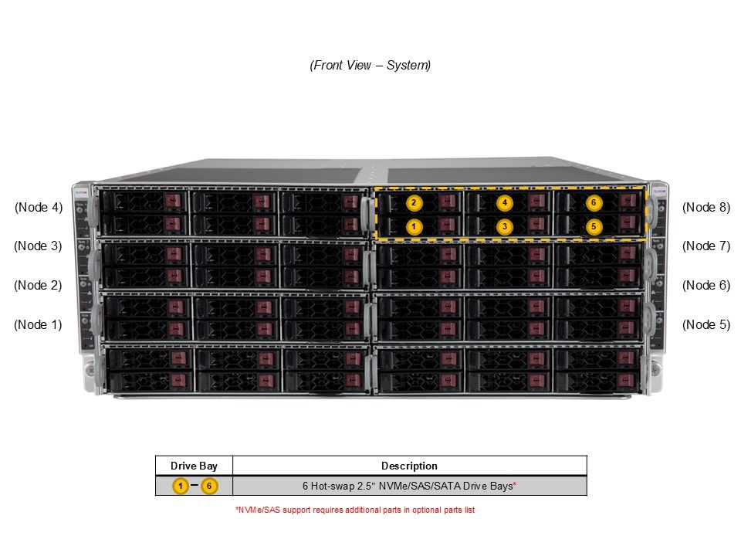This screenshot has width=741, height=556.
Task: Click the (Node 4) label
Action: (x=38, y=207)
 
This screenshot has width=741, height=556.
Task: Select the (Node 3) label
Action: (x=38, y=246)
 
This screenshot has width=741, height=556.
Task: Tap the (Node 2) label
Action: (x=38, y=285)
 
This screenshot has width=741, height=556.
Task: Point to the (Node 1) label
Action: (x=38, y=324)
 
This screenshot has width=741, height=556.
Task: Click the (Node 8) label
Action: (x=705, y=207)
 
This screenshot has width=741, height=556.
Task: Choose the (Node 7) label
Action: (x=705, y=246)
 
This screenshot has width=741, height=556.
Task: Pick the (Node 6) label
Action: (x=705, y=285)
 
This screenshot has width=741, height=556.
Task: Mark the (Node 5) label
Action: (x=705, y=324)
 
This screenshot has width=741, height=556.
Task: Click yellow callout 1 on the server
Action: (x=414, y=227)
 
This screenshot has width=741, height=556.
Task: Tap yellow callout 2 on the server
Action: (x=414, y=203)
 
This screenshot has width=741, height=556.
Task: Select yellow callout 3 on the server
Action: (x=504, y=227)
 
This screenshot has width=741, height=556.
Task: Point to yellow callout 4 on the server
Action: (x=504, y=203)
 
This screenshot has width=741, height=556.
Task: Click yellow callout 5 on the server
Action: (x=593, y=227)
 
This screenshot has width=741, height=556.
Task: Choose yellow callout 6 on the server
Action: (x=593, y=203)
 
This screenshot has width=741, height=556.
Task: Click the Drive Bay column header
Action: (x=194, y=466)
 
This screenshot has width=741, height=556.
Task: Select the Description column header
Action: (x=409, y=466)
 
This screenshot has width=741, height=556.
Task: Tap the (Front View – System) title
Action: (x=370, y=66)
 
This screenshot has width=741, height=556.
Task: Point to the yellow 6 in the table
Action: (x=208, y=486)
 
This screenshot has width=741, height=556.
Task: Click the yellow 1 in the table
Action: (x=180, y=486)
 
